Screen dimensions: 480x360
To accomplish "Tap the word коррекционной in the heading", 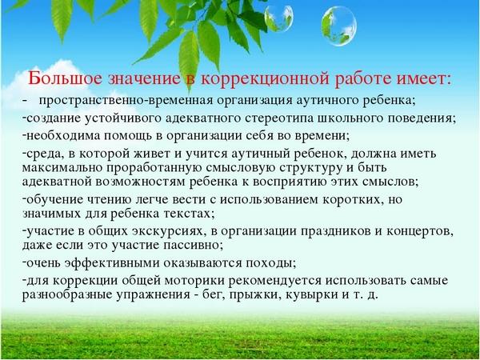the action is [265, 79].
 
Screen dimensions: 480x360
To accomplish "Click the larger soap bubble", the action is [339, 26].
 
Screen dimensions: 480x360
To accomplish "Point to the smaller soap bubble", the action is [278, 18].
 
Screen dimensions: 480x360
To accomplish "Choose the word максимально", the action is [63, 168].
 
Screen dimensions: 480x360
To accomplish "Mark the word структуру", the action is [310, 168].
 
